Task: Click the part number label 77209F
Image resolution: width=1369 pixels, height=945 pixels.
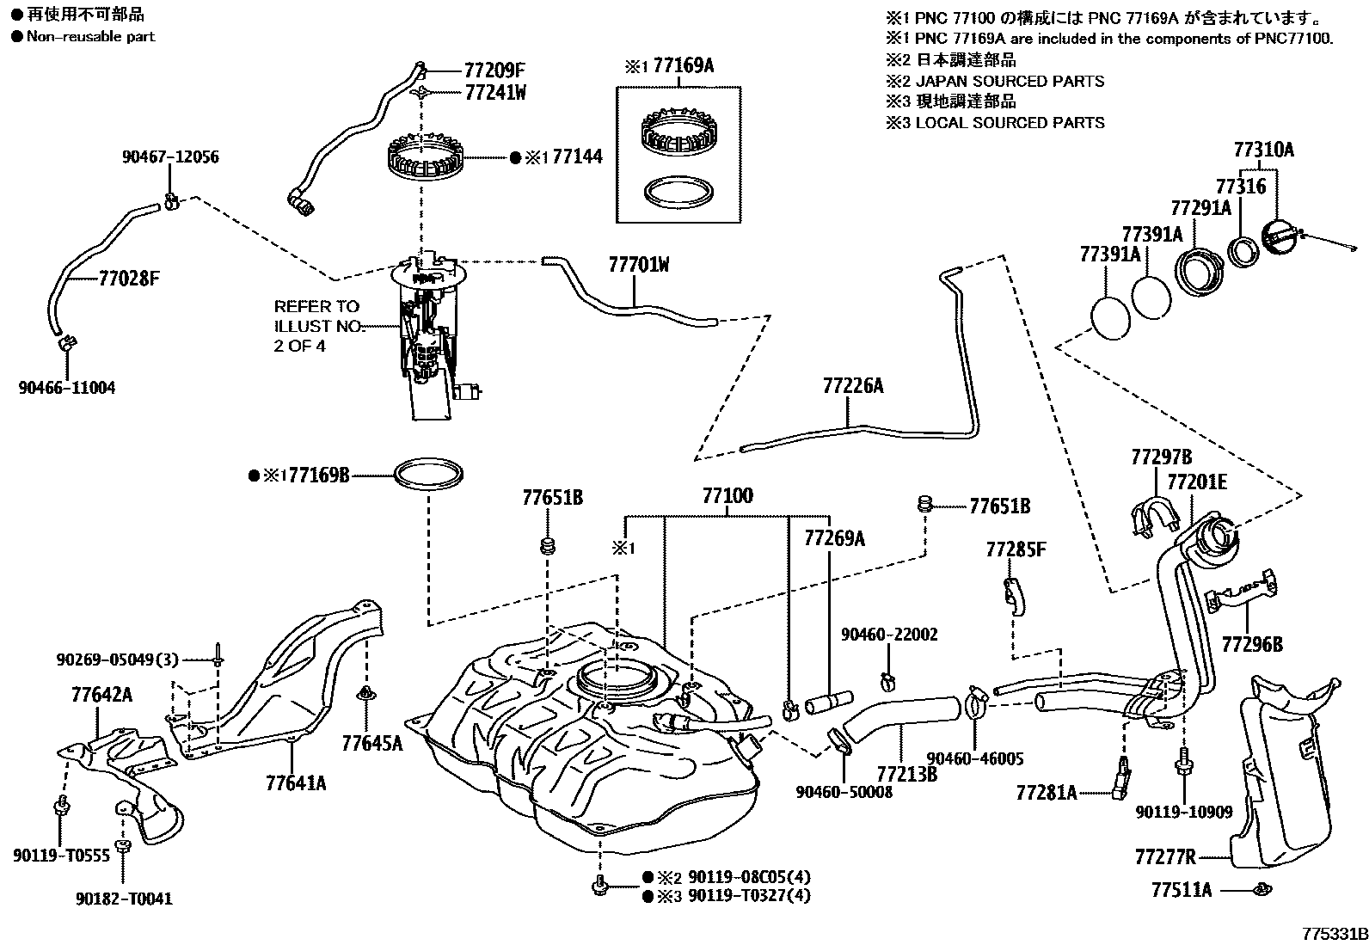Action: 494,71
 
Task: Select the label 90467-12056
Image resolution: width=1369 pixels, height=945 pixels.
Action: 170,156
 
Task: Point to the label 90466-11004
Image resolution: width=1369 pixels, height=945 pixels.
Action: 67,388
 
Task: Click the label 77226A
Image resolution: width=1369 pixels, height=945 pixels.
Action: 852,386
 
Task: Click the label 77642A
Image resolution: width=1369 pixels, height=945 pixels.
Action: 101,695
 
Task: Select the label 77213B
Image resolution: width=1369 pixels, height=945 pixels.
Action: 906,773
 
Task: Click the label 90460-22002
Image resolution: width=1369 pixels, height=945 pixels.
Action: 889,635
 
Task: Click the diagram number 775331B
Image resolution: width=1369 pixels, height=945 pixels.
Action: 1332,933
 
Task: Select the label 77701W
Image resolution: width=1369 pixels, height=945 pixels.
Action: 638,265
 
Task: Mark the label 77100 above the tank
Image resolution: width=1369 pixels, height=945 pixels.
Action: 727,496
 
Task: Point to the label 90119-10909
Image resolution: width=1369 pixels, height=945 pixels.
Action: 1183,811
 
